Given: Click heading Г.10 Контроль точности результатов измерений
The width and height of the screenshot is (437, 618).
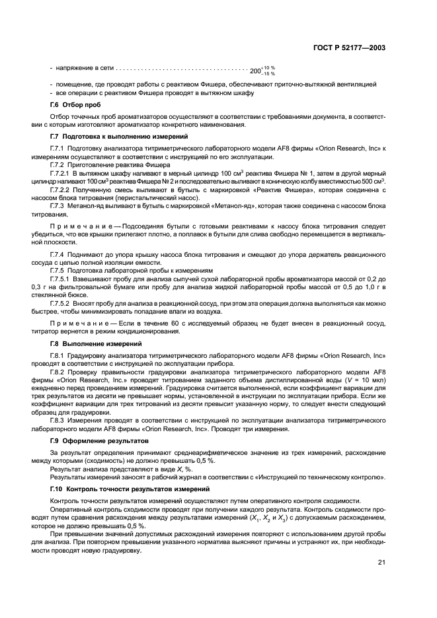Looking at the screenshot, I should click(x=130, y=489).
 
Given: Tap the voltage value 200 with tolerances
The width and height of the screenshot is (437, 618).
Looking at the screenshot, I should click(x=262, y=69).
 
